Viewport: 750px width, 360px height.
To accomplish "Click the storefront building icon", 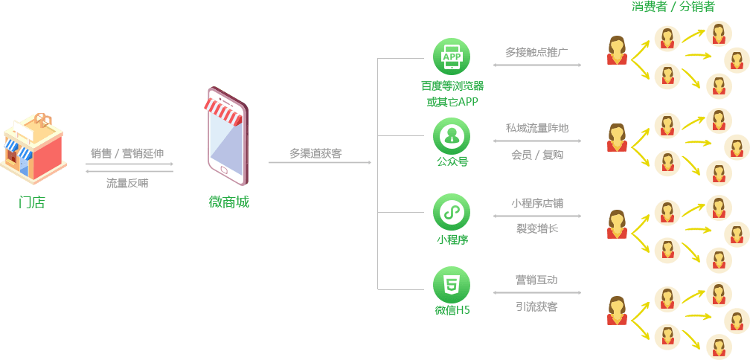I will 33,147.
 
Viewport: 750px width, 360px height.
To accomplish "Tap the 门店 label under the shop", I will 31,202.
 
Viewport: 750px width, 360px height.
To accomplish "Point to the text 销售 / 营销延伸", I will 127,153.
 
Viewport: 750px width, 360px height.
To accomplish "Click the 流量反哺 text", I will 127,182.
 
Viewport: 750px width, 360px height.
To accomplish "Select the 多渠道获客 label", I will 315,154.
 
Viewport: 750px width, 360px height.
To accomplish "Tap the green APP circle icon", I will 451,57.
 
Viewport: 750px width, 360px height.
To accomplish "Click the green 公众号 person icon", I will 451,135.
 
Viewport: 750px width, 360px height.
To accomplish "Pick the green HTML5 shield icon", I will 451,284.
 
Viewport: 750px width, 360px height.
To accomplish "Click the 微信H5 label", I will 452,310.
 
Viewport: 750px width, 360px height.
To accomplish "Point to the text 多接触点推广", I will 536,52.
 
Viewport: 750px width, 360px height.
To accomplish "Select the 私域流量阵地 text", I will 536,128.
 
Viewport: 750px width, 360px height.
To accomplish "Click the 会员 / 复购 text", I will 536,155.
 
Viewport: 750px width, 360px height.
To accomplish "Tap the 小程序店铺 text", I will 536,203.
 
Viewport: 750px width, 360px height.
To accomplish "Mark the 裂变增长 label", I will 536,228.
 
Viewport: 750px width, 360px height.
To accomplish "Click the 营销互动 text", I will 536,280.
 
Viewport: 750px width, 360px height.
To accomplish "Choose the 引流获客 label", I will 536,306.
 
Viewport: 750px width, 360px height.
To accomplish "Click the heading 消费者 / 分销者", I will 673,7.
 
